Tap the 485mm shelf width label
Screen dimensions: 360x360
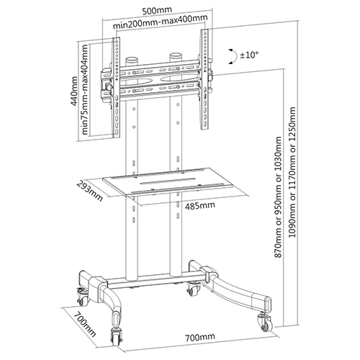199,206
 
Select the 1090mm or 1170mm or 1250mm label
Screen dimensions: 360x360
292,176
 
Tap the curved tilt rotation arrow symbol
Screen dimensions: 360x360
230,54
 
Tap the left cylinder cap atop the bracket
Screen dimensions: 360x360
131,60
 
